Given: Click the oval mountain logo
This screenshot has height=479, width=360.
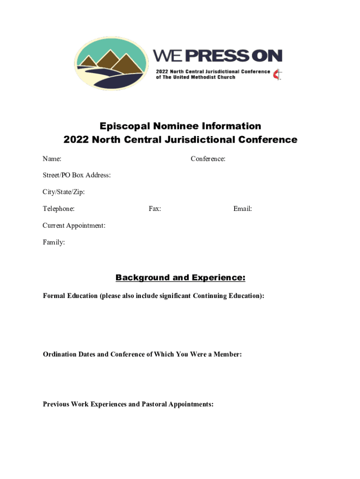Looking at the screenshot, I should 111,64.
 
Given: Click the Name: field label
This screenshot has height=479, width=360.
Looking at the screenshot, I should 52,159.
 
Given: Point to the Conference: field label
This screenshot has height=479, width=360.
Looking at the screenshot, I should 208,159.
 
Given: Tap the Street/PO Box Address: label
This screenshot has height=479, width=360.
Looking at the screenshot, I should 77,175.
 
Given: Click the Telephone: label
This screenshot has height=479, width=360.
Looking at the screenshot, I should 58,209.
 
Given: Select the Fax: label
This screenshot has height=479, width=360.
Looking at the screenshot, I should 155,209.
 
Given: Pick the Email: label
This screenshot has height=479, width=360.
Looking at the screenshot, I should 243,209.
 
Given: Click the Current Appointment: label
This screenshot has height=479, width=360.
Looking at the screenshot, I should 74,225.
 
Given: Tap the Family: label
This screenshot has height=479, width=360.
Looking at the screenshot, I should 54,242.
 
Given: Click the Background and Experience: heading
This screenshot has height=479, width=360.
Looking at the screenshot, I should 180,278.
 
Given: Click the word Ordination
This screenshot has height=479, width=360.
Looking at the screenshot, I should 60,355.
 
